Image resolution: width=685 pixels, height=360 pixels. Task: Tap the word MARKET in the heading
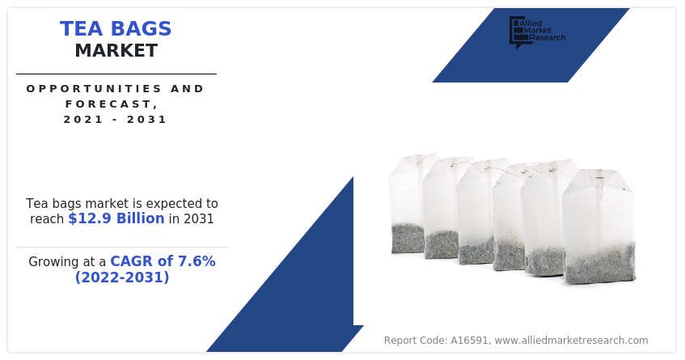point(116,51)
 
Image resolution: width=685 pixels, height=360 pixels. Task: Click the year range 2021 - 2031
point(115,119)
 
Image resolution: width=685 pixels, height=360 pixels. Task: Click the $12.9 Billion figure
point(116,218)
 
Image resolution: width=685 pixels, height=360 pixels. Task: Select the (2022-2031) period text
point(122,277)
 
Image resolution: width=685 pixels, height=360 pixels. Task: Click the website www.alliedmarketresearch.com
point(571,341)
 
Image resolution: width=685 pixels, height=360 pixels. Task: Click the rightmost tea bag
point(599,227)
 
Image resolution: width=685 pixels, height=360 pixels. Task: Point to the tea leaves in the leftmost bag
point(408,238)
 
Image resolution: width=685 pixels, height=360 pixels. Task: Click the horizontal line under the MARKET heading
point(116,74)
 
